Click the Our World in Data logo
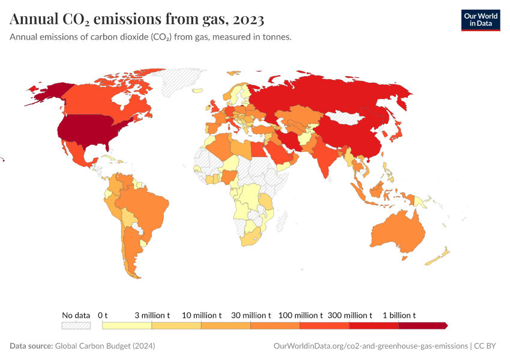click(480, 20)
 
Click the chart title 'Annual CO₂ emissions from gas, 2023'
click(137, 20)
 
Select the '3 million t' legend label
click(152, 315)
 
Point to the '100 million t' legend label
click(300, 315)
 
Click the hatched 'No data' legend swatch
click(76, 325)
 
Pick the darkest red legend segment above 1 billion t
click(422, 325)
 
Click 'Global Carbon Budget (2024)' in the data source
click(105, 346)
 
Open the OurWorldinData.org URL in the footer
click(370, 346)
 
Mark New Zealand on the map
click(437, 258)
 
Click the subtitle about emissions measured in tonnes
click(151, 37)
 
